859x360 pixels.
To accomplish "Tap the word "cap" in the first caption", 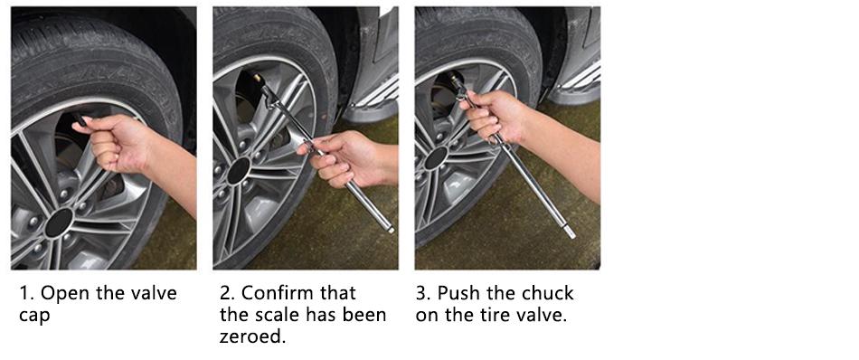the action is pyautogui.click(x=34, y=317).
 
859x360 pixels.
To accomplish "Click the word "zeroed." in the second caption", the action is pyautogui.click(x=253, y=336).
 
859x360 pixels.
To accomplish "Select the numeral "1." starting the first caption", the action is pyautogui.click(x=26, y=293).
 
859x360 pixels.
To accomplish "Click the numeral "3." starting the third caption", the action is pyautogui.click(x=423, y=292).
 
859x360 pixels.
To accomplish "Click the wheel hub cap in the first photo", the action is pyautogui.click(x=59, y=222).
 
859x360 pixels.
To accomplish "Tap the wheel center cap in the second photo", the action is pyautogui.click(x=239, y=170).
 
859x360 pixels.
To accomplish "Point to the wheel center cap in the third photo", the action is pyautogui.click(x=436, y=157).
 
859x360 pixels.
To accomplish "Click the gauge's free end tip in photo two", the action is pyautogui.click(x=391, y=230).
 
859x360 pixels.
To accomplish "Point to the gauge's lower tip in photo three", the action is pyautogui.click(x=571, y=235).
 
